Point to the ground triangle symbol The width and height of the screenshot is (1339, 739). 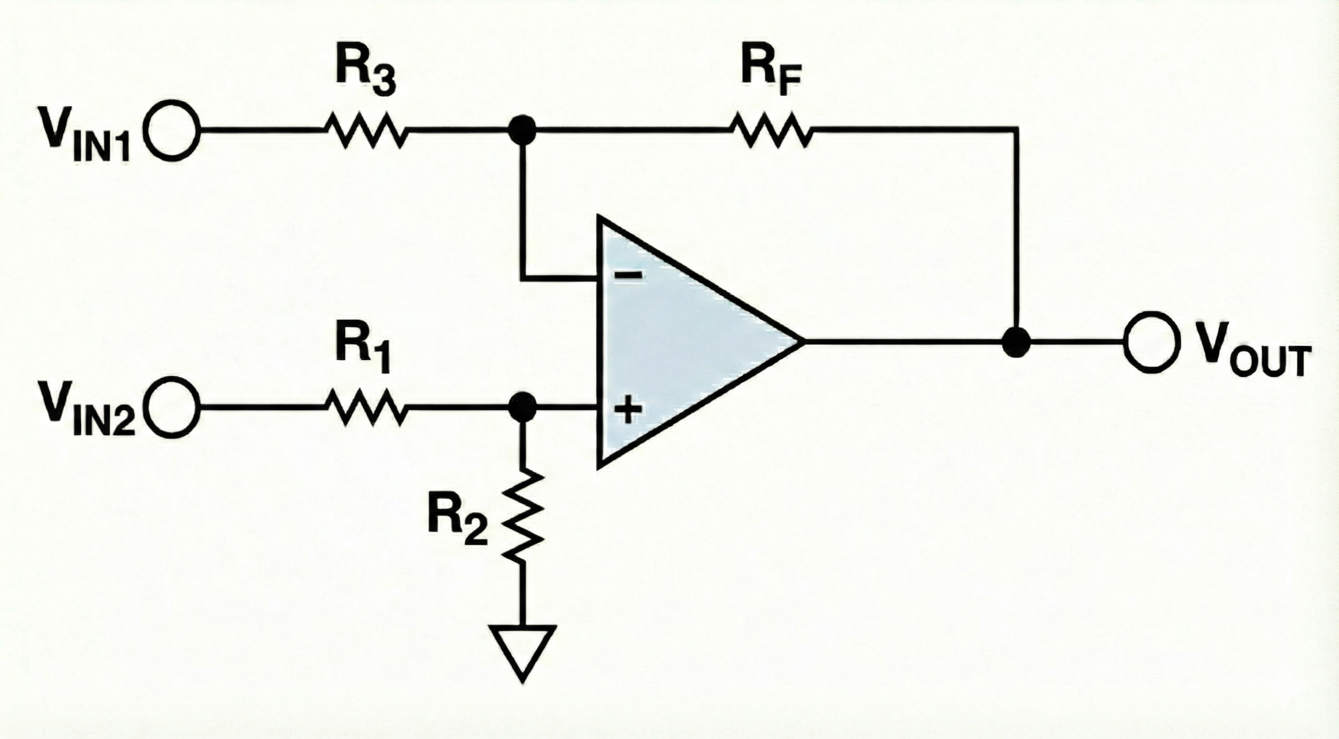pos(522,650)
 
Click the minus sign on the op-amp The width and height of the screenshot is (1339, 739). pos(627,275)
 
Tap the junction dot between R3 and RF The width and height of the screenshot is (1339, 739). pos(522,130)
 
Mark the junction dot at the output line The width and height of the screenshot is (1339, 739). pos(1016,342)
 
